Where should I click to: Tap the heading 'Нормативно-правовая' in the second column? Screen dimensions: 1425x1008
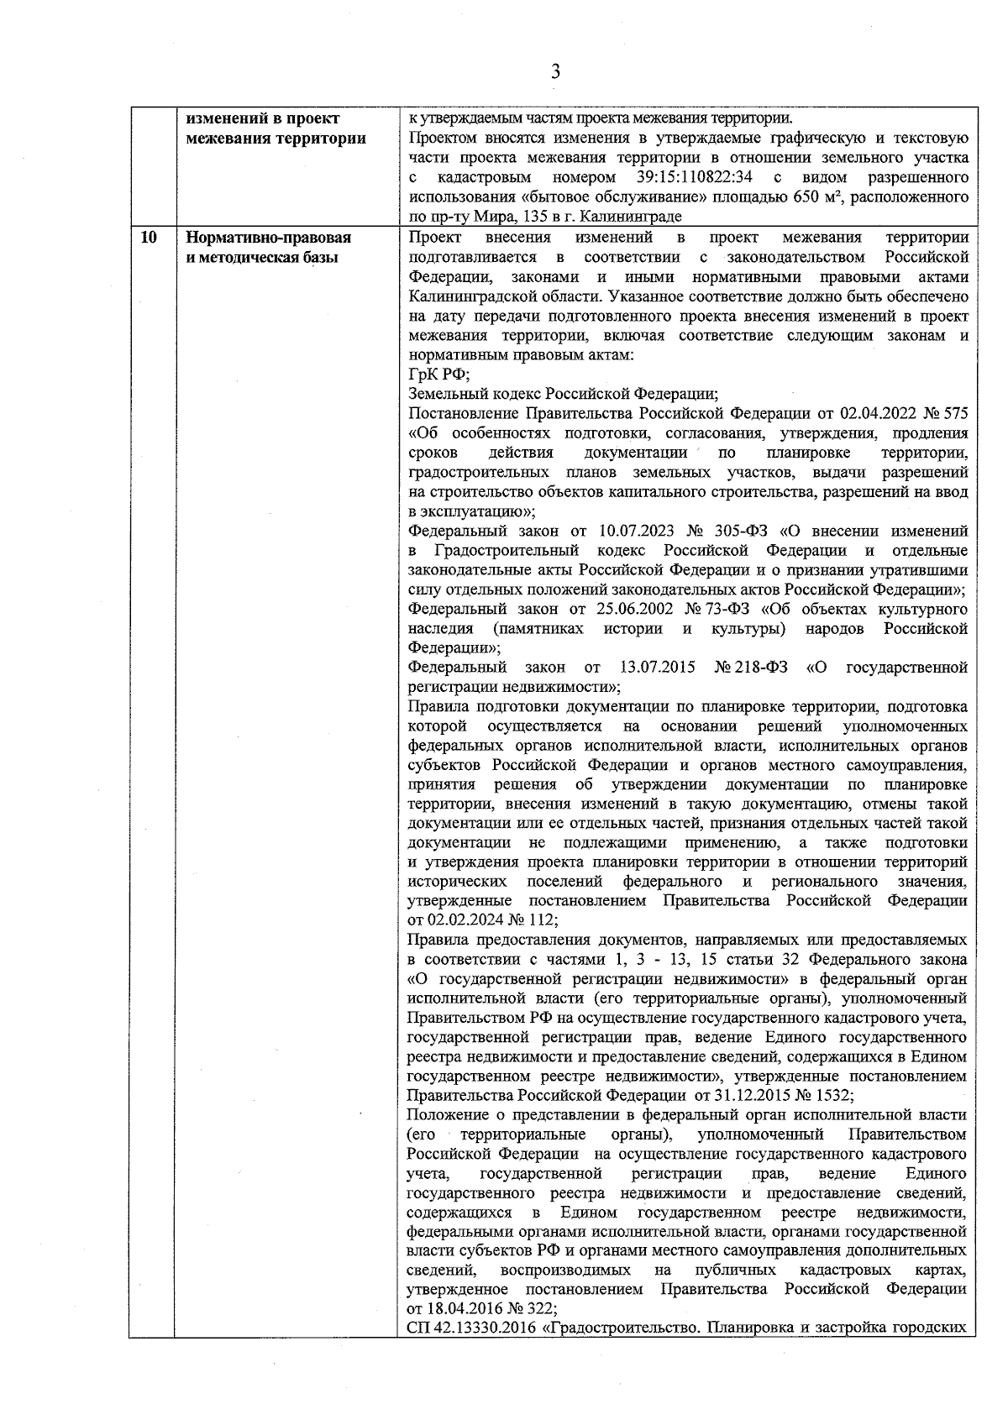(x=269, y=238)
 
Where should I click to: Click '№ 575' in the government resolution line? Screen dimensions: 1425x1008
(x=946, y=413)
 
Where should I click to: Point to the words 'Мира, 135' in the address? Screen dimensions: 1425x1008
(x=491, y=217)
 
